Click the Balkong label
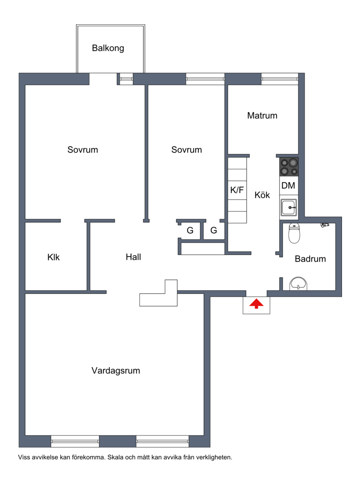pos(108,48)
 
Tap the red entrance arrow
pos(256,303)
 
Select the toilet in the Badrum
pos(294,233)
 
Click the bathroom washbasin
pos(298,283)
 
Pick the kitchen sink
pos(289,207)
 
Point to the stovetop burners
pos(289,167)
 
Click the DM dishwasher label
pos(288,185)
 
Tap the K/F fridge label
pos(237,190)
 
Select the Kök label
pos(262,195)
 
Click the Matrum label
pos(262,116)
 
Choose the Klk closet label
pos(54,257)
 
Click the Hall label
pos(133,257)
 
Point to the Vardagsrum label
pos(116,371)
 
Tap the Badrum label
pos(310,259)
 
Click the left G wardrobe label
pos(190,230)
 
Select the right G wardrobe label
pos(213,230)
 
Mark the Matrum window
pos(280,79)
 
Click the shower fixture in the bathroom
pos(324,225)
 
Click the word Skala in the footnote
pos(115,457)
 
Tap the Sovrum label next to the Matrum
pos(186,150)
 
